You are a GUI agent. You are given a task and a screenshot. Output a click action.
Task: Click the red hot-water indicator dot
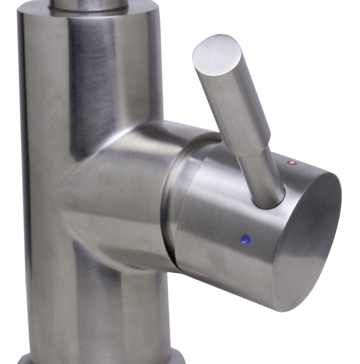point(292,163)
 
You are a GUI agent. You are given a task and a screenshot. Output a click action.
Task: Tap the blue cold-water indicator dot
point(246,240)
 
